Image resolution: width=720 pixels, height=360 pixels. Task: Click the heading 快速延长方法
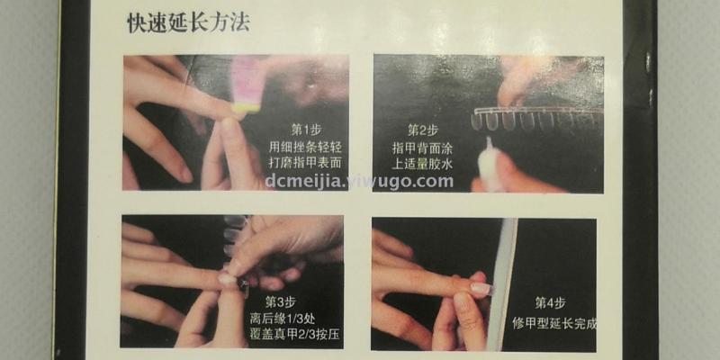click(x=188, y=23)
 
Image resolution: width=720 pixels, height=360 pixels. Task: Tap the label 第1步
click(x=306, y=129)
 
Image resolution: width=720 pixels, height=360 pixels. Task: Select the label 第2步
click(x=423, y=130)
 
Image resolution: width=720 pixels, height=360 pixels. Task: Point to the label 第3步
click(x=280, y=302)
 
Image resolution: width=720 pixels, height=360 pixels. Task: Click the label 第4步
click(x=550, y=303)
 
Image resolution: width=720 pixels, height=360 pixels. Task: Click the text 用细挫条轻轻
click(x=306, y=148)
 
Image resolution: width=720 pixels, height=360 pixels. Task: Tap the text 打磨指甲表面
click(x=306, y=163)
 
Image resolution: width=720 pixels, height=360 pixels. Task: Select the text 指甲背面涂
click(x=422, y=148)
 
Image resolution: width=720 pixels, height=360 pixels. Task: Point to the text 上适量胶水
click(x=422, y=164)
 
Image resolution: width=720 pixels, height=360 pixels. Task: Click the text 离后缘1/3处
click(x=283, y=319)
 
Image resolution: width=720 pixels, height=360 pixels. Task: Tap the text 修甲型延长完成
click(x=554, y=323)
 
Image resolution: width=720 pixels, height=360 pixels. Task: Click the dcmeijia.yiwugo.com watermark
click(x=359, y=182)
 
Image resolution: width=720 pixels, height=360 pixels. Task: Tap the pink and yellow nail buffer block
click(x=248, y=85)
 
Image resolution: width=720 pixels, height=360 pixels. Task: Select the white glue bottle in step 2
click(x=490, y=165)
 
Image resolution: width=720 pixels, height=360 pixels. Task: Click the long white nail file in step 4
click(x=502, y=284)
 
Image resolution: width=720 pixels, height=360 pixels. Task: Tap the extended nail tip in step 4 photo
click(x=482, y=288)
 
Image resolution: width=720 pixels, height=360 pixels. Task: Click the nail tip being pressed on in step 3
click(x=229, y=279)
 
